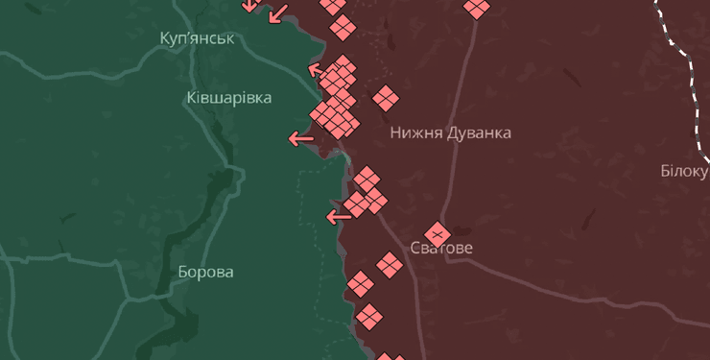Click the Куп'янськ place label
pos(198,38)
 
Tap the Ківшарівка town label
pos(228,98)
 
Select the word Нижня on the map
pos(414,132)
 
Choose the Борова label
pos(205,272)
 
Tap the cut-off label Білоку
pos(684,171)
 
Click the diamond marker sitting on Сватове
pos(438,233)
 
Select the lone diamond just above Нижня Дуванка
pos(386,98)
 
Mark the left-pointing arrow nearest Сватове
pos(339,217)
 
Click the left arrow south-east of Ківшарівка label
pos(301,139)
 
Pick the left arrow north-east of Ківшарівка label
pos(317,69)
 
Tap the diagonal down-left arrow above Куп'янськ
pos(277,13)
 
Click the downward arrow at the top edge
pos(248,5)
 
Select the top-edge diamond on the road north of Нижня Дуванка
pos(476,8)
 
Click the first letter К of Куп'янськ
pos(165,38)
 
